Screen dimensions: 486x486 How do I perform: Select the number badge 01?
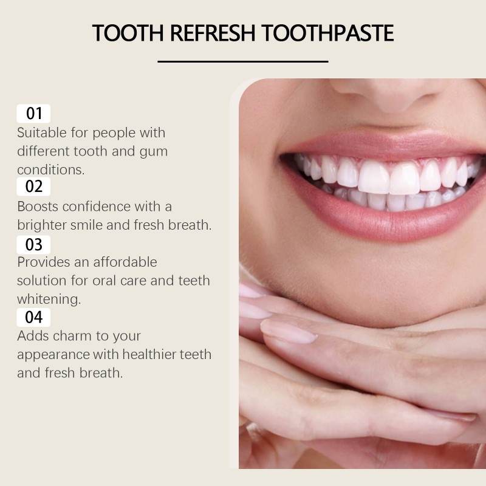point(34,114)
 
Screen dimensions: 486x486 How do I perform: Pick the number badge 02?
point(34,187)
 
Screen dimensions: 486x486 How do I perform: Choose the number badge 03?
point(34,244)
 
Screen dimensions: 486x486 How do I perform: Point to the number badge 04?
point(34,317)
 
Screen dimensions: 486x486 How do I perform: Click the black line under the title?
point(243,61)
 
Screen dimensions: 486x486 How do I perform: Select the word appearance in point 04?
point(55,354)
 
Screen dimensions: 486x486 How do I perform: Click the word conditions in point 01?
point(50,169)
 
